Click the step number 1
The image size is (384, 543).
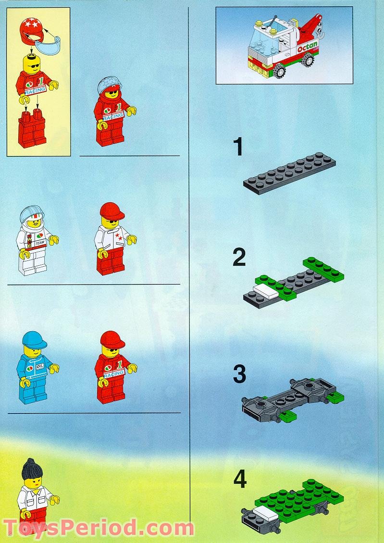[238, 147]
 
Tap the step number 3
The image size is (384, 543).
[239, 375]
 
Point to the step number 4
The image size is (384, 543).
[240, 479]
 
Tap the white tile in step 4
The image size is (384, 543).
[262, 514]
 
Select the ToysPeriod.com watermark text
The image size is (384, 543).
[99, 528]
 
